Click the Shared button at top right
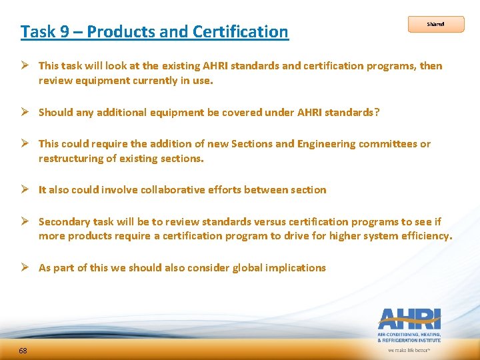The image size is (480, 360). tap(435, 25)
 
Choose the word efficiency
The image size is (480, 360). tap(426, 235)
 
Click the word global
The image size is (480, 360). tap(248, 267)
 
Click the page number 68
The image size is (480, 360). tap(23, 351)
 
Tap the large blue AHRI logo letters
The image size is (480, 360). tap(409, 318)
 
